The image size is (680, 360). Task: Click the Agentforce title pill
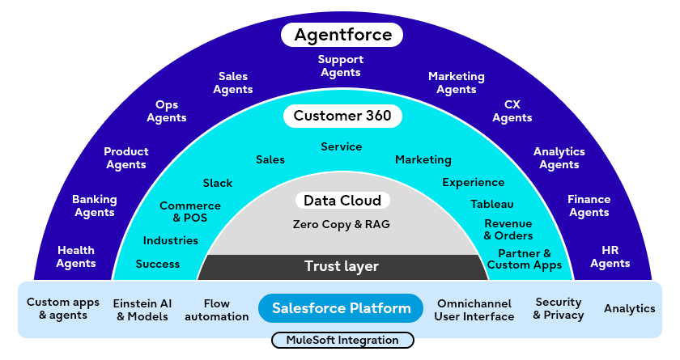coord(342,35)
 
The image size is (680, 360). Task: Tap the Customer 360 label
coord(342,116)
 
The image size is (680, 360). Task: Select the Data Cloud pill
coord(342,200)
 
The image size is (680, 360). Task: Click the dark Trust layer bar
coord(342,266)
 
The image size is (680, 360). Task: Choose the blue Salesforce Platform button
coord(341,308)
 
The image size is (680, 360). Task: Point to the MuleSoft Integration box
coord(342,341)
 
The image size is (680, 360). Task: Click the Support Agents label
coord(341,66)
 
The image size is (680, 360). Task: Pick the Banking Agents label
coord(95,205)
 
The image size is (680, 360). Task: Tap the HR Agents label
coord(610,257)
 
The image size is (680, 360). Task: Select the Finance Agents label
coord(589,205)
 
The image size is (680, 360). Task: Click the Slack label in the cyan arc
coord(217,183)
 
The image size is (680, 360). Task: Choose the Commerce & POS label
coord(190,212)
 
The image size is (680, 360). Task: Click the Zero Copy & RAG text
coord(342,224)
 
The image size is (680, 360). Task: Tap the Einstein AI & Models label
coord(142,309)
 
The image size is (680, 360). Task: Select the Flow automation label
coord(217,310)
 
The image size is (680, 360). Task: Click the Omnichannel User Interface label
coord(474,310)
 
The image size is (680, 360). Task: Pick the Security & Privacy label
coord(559,308)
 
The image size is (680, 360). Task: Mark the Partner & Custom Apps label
coord(525,259)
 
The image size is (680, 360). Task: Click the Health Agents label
coord(76,256)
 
